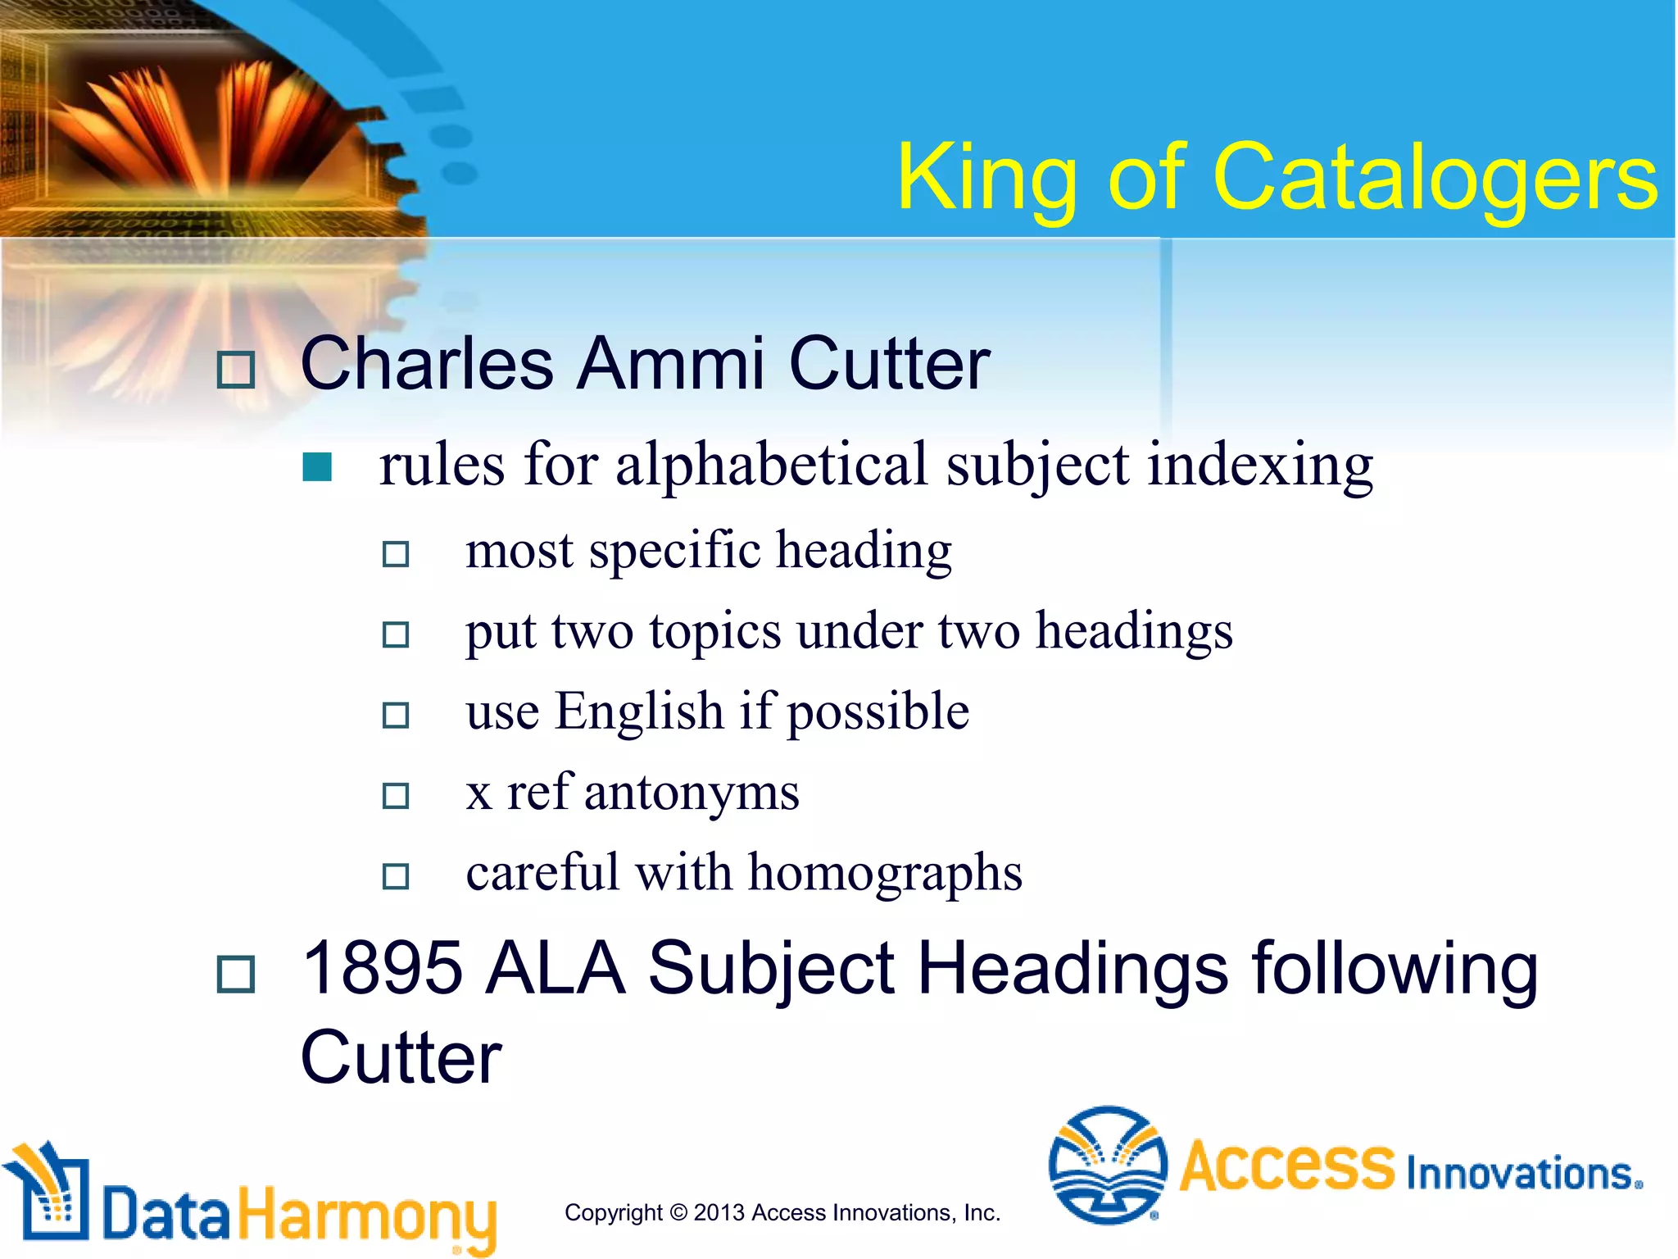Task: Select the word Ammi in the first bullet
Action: (671, 364)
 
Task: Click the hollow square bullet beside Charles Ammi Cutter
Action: (236, 370)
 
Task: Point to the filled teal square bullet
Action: (317, 467)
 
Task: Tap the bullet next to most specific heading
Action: (396, 554)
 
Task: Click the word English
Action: (640, 711)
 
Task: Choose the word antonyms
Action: (692, 793)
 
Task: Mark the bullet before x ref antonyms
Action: (396, 795)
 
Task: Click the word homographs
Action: (885, 873)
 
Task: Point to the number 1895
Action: (382, 969)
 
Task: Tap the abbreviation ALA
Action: (555, 969)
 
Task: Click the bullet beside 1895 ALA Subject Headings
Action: (236, 974)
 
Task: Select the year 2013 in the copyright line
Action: (720, 1212)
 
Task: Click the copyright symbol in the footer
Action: (678, 1212)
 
